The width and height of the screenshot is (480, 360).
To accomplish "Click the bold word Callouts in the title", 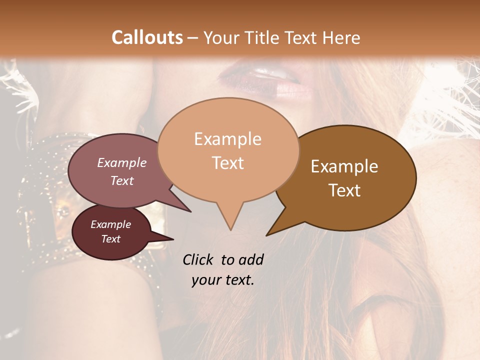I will click(147, 37).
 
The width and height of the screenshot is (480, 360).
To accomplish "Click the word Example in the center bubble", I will click(227, 139).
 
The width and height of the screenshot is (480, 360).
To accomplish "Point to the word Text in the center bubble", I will click(227, 163).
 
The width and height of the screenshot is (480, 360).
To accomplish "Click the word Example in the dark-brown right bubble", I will click(344, 166).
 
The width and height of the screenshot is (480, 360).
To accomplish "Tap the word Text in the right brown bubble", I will click(344, 190).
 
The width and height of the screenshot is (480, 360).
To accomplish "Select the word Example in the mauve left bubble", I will click(122, 162).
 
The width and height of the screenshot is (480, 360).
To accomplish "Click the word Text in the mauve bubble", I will click(122, 180).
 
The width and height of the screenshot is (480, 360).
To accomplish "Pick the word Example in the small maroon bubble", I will click(110, 224).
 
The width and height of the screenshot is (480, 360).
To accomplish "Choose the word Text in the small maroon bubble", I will click(110, 239).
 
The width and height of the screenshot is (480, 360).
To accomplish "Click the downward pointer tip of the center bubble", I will click(230, 229).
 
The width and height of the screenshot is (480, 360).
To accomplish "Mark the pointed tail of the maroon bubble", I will click(173, 239).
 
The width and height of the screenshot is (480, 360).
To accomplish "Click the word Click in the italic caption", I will click(199, 260).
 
